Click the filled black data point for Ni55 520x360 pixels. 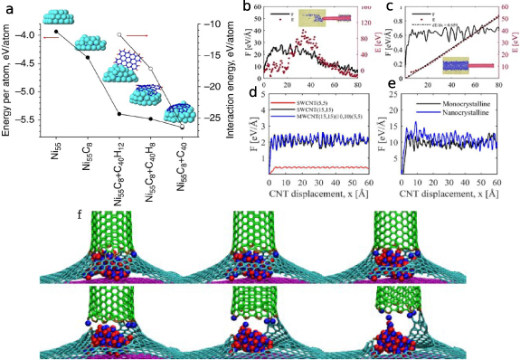[x=56, y=32]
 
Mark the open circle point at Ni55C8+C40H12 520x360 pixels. [x=119, y=34]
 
